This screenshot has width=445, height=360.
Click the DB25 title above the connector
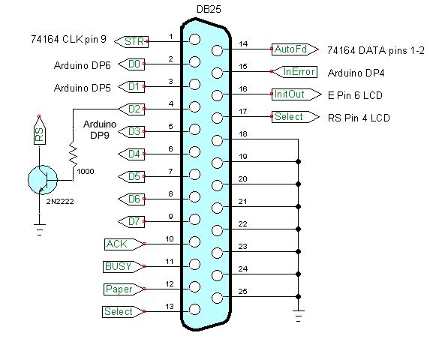pos(209,9)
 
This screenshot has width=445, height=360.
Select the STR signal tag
pos(131,42)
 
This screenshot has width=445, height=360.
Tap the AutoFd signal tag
pos(295,49)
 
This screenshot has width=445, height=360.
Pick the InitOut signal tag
pos(296,94)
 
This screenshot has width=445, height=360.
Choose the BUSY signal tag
pos(124,267)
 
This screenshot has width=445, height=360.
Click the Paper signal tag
pos(124,289)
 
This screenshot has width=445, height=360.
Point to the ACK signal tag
pos(125,244)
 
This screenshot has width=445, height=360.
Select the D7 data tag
pos(131,221)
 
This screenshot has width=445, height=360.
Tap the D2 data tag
pos(131,109)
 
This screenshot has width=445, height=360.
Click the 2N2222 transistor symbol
pos(43,180)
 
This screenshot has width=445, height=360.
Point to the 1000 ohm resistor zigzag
pos(74,156)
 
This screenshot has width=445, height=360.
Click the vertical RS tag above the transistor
pos(40,130)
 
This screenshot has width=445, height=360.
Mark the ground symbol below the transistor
pos(40,229)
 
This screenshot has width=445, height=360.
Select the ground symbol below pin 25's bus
pos(298,316)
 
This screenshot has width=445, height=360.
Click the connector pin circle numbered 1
pos(194,40)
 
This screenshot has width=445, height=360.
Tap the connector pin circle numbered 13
pos(194,310)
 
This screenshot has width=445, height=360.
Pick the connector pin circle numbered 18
pos(218,140)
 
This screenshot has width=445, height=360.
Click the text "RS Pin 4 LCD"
pos(359,118)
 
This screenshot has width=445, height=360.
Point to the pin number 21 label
pos(242,202)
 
